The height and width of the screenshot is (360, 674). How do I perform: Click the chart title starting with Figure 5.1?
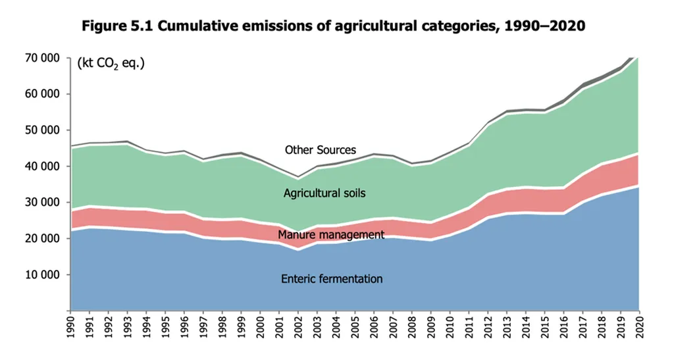pyautogui.click(x=333, y=27)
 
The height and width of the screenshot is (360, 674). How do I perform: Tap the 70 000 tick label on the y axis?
pyautogui.click(x=42, y=58)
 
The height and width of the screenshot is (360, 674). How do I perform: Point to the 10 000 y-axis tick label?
pyautogui.click(x=42, y=274)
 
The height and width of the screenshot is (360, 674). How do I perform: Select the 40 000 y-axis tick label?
pyautogui.click(x=42, y=167)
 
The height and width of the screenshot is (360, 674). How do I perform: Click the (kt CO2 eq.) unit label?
pyautogui.click(x=111, y=64)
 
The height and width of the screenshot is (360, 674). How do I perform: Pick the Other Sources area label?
pyautogui.click(x=320, y=150)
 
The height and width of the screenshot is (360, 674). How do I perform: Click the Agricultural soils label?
pyautogui.click(x=324, y=193)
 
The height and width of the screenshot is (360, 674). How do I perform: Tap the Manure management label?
pyautogui.click(x=331, y=234)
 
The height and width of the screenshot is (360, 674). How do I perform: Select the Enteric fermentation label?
pyautogui.click(x=332, y=279)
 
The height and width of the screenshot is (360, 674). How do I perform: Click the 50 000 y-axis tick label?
pyautogui.click(x=42, y=130)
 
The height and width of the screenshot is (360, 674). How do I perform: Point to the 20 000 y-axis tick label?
pyautogui.click(x=42, y=238)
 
